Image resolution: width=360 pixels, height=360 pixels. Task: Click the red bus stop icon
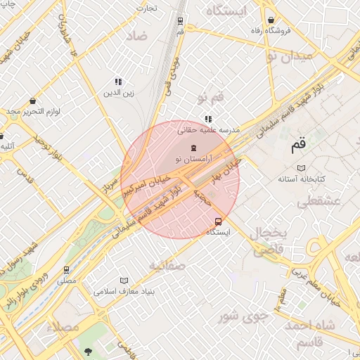pyautogui.click(x=219, y=220)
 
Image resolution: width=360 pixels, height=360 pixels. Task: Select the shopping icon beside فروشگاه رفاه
pyautogui.click(x=270, y=20)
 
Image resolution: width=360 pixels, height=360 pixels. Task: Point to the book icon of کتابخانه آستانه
pyautogui.click(x=301, y=168)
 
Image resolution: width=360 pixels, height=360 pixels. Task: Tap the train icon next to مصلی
pyautogui.click(x=67, y=269)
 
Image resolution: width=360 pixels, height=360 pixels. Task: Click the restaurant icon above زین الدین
pyautogui.click(x=118, y=82)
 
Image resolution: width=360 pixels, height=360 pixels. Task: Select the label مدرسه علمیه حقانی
pyautogui.click(x=210, y=130)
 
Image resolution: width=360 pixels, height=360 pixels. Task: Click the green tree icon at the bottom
pyautogui.click(x=88, y=350)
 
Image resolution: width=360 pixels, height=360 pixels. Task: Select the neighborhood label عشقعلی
pyautogui.click(x=319, y=202)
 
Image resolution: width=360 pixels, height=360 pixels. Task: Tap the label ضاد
pyautogui.click(x=137, y=35)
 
